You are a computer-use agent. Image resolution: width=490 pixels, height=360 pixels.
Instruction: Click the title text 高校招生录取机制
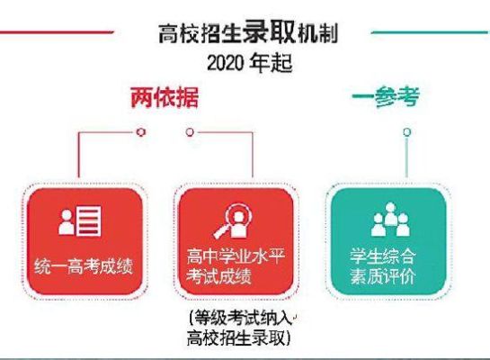point(248,32)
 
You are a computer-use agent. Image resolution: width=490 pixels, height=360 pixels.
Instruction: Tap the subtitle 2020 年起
point(250,63)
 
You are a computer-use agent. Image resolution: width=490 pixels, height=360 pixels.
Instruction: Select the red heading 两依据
point(165,97)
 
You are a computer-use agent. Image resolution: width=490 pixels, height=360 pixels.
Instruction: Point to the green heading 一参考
point(386,96)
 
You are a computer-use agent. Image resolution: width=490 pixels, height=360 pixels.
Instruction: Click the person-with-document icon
point(80,220)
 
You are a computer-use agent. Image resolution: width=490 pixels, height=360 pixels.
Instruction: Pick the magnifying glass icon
point(233,220)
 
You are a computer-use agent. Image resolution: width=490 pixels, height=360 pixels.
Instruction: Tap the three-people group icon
point(390,219)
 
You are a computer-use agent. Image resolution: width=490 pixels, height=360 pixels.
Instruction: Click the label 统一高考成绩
point(84,266)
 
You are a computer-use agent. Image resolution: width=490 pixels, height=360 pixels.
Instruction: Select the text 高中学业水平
point(236,256)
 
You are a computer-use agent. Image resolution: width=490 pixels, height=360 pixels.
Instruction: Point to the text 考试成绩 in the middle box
point(219,276)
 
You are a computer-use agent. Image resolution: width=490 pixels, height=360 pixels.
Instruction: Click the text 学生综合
point(383,256)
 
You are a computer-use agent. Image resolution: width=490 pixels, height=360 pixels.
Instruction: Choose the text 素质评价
point(383,276)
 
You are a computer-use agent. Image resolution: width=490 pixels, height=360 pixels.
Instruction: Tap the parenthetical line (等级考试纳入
point(241,318)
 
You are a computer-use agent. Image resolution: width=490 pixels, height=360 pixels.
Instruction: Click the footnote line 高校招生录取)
point(239,337)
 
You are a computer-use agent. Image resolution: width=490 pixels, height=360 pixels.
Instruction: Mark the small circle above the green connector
point(406,132)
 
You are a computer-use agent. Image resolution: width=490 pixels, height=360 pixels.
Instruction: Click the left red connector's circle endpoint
point(141,132)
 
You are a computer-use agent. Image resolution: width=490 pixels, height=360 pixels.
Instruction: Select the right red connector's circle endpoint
point(190,132)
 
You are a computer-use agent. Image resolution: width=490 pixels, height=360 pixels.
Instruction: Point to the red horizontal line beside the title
point(57,32)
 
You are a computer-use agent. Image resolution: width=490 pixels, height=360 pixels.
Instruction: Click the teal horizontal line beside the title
point(431,31)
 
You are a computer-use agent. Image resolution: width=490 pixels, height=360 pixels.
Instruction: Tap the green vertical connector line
point(406,157)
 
